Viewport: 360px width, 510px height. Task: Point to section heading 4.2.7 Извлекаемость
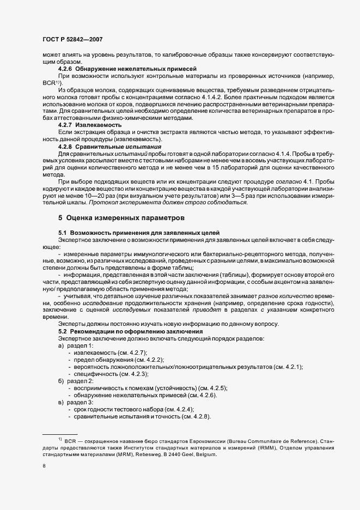point(90,125)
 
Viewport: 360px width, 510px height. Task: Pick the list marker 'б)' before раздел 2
point(61,381)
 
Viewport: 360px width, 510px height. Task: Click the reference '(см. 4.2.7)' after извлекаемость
point(135,353)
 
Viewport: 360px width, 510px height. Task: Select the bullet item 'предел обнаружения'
point(106,360)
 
